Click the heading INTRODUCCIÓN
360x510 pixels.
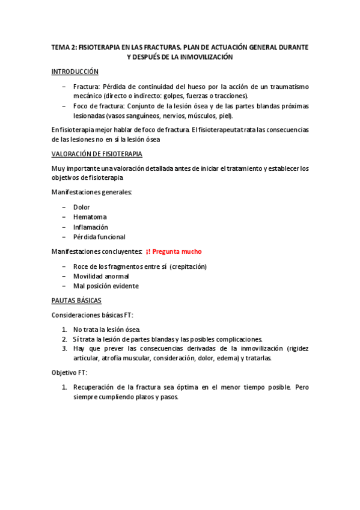point(75,72)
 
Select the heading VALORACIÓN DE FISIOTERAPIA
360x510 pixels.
point(97,153)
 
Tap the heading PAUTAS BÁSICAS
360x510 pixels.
point(76,300)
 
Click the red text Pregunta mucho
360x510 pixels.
point(178,251)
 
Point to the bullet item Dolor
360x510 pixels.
point(81,207)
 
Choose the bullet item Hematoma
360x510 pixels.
point(87,217)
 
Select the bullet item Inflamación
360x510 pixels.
point(90,227)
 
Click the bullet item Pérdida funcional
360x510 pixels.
point(99,237)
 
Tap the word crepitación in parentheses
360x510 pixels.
point(187,266)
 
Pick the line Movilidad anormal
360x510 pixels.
point(100,276)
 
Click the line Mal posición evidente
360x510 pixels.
point(105,286)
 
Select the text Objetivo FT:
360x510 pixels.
point(69,372)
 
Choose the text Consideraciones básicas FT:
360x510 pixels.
point(92,315)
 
